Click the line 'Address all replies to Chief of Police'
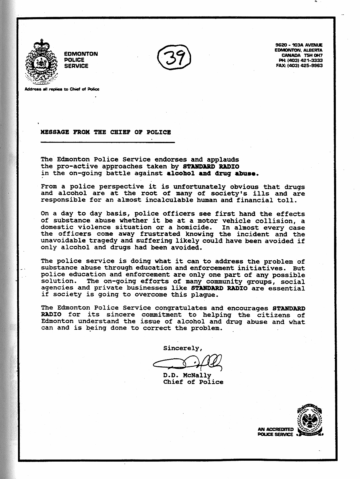click(x=62, y=89)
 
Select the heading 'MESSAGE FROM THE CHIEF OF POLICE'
click(x=106, y=132)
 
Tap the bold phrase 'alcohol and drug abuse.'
click(x=212, y=173)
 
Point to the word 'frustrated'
click(x=160, y=234)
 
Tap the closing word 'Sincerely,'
click(x=183, y=348)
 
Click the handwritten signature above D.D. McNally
click(x=188, y=363)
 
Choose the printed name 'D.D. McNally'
click(x=187, y=375)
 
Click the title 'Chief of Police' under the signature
click(x=193, y=382)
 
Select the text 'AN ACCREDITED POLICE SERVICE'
click(x=275, y=432)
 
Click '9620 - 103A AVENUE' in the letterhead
click(x=299, y=45)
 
